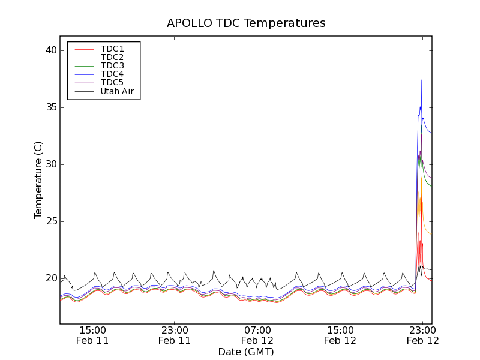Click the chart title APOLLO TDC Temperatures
click(246, 23)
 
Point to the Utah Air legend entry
click(117, 91)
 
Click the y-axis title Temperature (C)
click(38, 180)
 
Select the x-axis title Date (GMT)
click(246, 352)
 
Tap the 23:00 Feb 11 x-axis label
click(175, 335)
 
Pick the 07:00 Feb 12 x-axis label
click(257, 335)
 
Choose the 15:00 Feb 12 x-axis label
click(340, 335)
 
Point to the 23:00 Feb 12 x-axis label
click(422, 335)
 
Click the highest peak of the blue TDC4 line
click(421, 80)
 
